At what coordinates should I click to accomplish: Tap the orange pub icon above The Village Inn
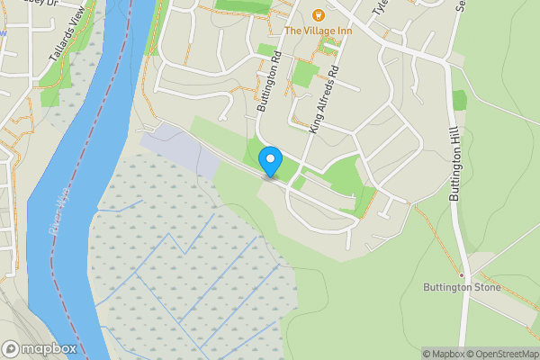(x=317, y=14)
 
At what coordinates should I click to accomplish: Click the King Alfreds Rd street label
(x=326, y=99)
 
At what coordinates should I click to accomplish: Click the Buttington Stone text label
(x=461, y=288)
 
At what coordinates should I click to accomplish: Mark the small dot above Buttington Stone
(x=461, y=274)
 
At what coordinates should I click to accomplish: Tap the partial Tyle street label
(x=380, y=11)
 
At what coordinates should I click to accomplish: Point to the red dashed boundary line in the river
(x=90, y=180)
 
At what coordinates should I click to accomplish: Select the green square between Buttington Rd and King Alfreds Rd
(x=305, y=74)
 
